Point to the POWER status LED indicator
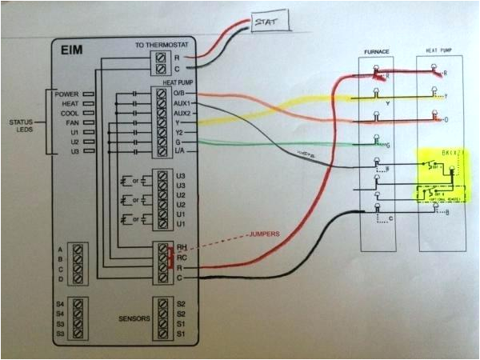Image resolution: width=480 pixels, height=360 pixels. pyautogui.click(x=88, y=94)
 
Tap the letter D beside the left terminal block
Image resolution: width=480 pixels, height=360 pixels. pyautogui.click(x=60, y=279)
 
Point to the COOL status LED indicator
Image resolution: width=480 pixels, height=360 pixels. pyautogui.click(x=88, y=114)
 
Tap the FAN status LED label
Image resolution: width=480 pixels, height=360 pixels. pyautogui.click(x=70, y=122)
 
